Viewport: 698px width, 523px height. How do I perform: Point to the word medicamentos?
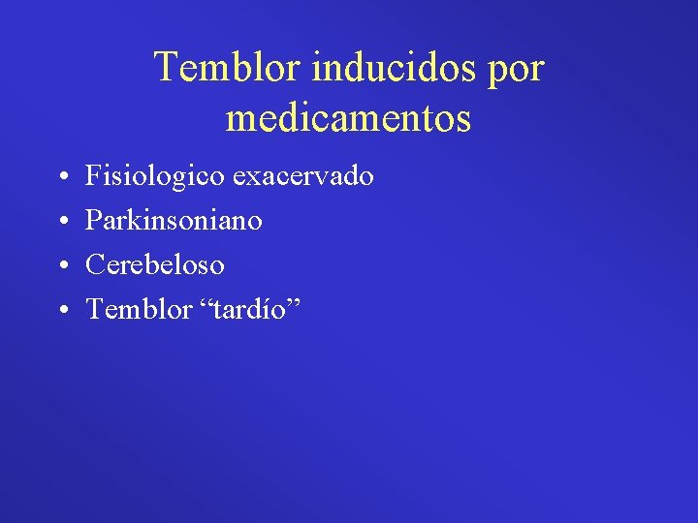(349, 119)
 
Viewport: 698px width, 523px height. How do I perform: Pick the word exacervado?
(303, 177)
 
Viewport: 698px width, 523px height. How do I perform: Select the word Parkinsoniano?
(174, 221)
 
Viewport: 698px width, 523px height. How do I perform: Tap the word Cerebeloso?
(155, 264)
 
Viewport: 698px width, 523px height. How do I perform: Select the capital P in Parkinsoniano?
(94, 221)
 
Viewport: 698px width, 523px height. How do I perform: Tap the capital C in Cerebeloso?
(95, 264)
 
